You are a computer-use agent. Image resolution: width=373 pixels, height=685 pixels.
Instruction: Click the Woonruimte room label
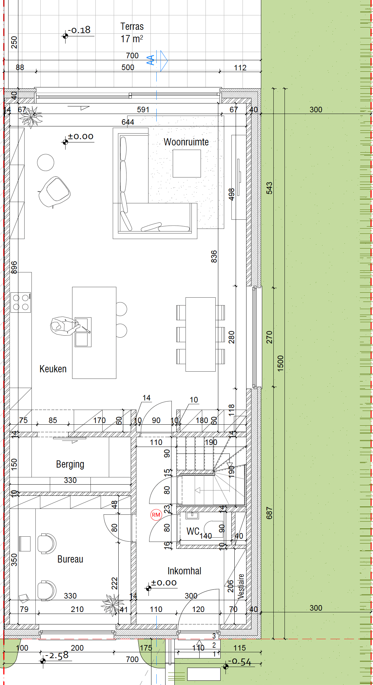point(186,142)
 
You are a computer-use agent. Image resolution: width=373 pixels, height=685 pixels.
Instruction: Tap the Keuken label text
point(53,369)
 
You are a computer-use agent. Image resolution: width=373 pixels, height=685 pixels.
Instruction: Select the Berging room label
point(70,464)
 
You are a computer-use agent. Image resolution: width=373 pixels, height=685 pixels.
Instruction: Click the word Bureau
point(70,559)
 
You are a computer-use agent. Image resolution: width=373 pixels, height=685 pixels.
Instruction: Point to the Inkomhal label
point(184,571)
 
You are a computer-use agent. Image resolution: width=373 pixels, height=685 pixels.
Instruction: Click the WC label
point(193,531)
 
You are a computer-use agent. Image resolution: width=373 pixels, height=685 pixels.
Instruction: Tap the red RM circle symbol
point(156,515)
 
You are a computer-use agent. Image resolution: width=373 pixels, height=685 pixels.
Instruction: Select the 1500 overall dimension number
point(281,363)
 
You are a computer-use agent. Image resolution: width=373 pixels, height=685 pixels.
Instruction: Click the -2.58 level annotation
point(57,655)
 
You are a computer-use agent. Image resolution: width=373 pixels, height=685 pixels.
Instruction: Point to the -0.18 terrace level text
point(79,30)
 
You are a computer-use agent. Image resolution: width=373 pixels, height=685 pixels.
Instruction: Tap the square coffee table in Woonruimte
point(187,163)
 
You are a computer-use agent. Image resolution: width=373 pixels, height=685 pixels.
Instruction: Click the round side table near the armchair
point(46,162)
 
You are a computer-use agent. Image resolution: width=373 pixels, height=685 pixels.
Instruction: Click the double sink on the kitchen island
point(83,332)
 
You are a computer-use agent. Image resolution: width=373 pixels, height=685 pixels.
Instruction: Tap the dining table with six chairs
point(201,334)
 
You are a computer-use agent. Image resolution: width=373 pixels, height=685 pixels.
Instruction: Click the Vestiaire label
point(241,586)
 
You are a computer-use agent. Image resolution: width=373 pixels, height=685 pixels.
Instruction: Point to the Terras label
point(132,26)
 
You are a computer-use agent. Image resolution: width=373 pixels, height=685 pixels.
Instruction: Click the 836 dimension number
point(214,256)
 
